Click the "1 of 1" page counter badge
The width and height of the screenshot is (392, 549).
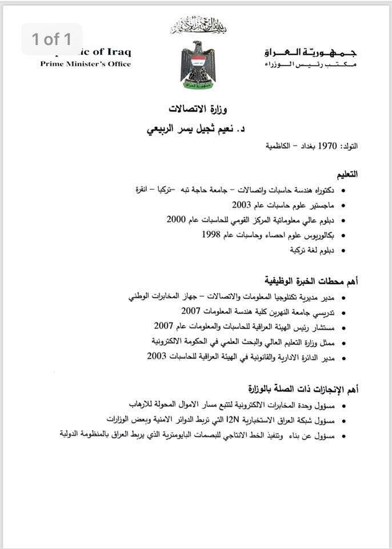pos(51,39)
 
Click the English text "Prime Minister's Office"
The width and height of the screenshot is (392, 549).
pos(85,64)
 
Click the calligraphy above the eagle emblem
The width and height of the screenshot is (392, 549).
pos(198,26)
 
